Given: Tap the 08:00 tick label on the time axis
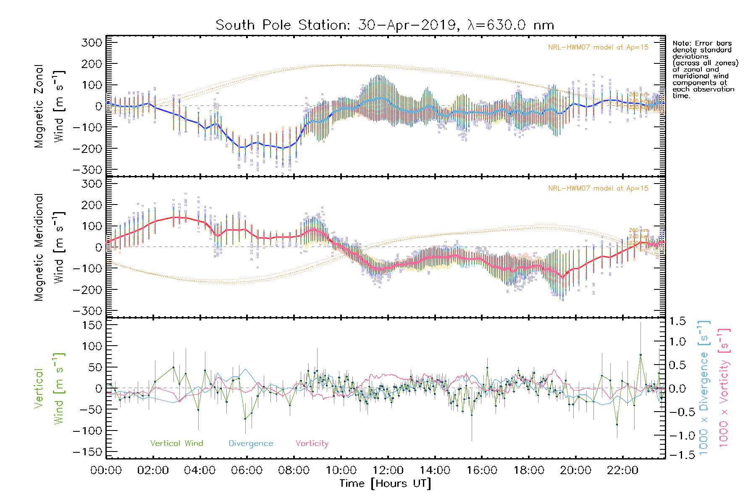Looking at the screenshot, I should coord(294,470).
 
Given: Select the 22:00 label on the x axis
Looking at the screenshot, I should coord(622,470).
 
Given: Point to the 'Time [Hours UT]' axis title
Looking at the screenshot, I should coord(385,483).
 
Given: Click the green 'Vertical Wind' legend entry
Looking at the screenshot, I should coord(176,444).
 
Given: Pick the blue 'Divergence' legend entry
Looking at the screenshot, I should coord(251,444).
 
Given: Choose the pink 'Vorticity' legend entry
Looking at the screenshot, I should coord(312,444).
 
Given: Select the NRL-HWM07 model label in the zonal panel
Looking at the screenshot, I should coord(598,47).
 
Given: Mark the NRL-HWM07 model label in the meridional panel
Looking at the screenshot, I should coord(598,189).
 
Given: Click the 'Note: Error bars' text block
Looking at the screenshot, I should coord(705,69).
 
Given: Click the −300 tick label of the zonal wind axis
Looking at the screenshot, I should coord(87,170).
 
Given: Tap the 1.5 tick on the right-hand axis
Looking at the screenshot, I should coord(677,321).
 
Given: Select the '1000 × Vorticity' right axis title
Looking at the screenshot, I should coord(724,388).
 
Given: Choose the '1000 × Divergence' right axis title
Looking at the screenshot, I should coord(704,388).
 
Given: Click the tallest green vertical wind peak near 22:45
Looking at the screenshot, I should coord(640,355).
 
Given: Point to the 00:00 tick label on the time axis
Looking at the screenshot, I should coord(106,470).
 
